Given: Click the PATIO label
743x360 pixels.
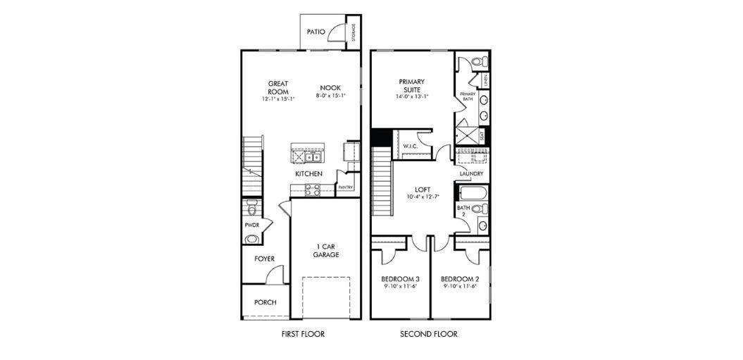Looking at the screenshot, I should coord(316,32).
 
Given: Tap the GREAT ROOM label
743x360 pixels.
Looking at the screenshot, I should coord(278,87).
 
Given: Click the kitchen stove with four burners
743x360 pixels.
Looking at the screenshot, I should coord(313,190).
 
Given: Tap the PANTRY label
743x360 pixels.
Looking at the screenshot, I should coord(345,187).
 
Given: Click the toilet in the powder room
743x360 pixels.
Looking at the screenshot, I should coord(252,206).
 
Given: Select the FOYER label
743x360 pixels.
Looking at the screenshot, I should coord(264,259).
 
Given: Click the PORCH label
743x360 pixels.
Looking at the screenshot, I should coord(265,302).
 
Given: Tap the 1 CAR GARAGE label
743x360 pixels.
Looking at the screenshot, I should coord(326,251).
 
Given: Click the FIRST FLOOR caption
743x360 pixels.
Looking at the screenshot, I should coord(302,334).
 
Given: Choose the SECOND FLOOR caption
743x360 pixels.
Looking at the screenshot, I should coord(428,334).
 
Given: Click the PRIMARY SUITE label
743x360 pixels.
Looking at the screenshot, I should coord(412,85).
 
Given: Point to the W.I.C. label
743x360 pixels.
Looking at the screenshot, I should coord(410,146).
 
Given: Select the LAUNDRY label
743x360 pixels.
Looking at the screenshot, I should coord(471,173).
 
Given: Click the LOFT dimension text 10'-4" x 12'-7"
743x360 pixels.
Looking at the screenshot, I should coord(423,197).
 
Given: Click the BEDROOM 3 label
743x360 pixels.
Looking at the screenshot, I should coord(400,278).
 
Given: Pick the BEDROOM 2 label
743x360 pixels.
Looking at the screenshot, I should coord(461,278).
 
